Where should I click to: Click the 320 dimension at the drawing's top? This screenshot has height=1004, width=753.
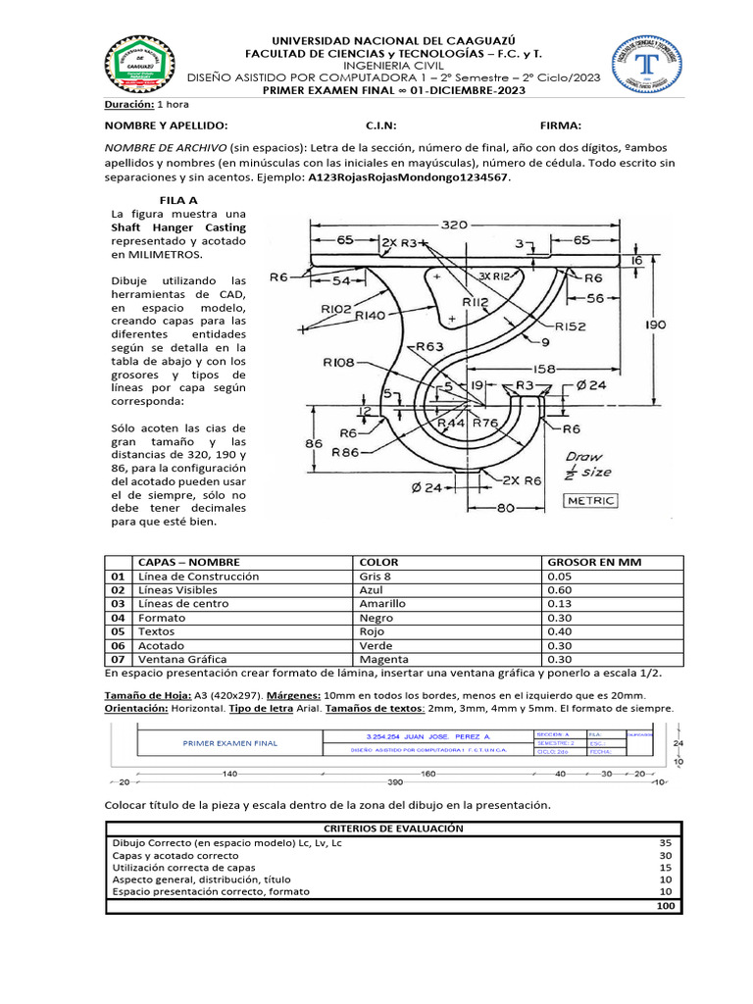pyautogui.click(x=454, y=225)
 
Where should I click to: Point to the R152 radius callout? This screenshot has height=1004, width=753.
pyautogui.click(x=572, y=326)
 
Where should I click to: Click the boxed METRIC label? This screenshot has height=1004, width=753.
pyautogui.click(x=591, y=501)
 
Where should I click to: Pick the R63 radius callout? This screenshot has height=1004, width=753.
pyautogui.click(x=429, y=346)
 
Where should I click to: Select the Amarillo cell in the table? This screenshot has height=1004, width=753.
pyautogui.click(x=383, y=604)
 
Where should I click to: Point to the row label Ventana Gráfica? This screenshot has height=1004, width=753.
pyautogui.click(x=182, y=660)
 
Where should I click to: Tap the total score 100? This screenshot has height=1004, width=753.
pyautogui.click(x=666, y=907)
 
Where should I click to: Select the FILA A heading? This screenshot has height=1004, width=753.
pyautogui.click(x=178, y=199)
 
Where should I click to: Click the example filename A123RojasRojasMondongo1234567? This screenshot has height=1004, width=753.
pyautogui.click(x=409, y=179)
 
